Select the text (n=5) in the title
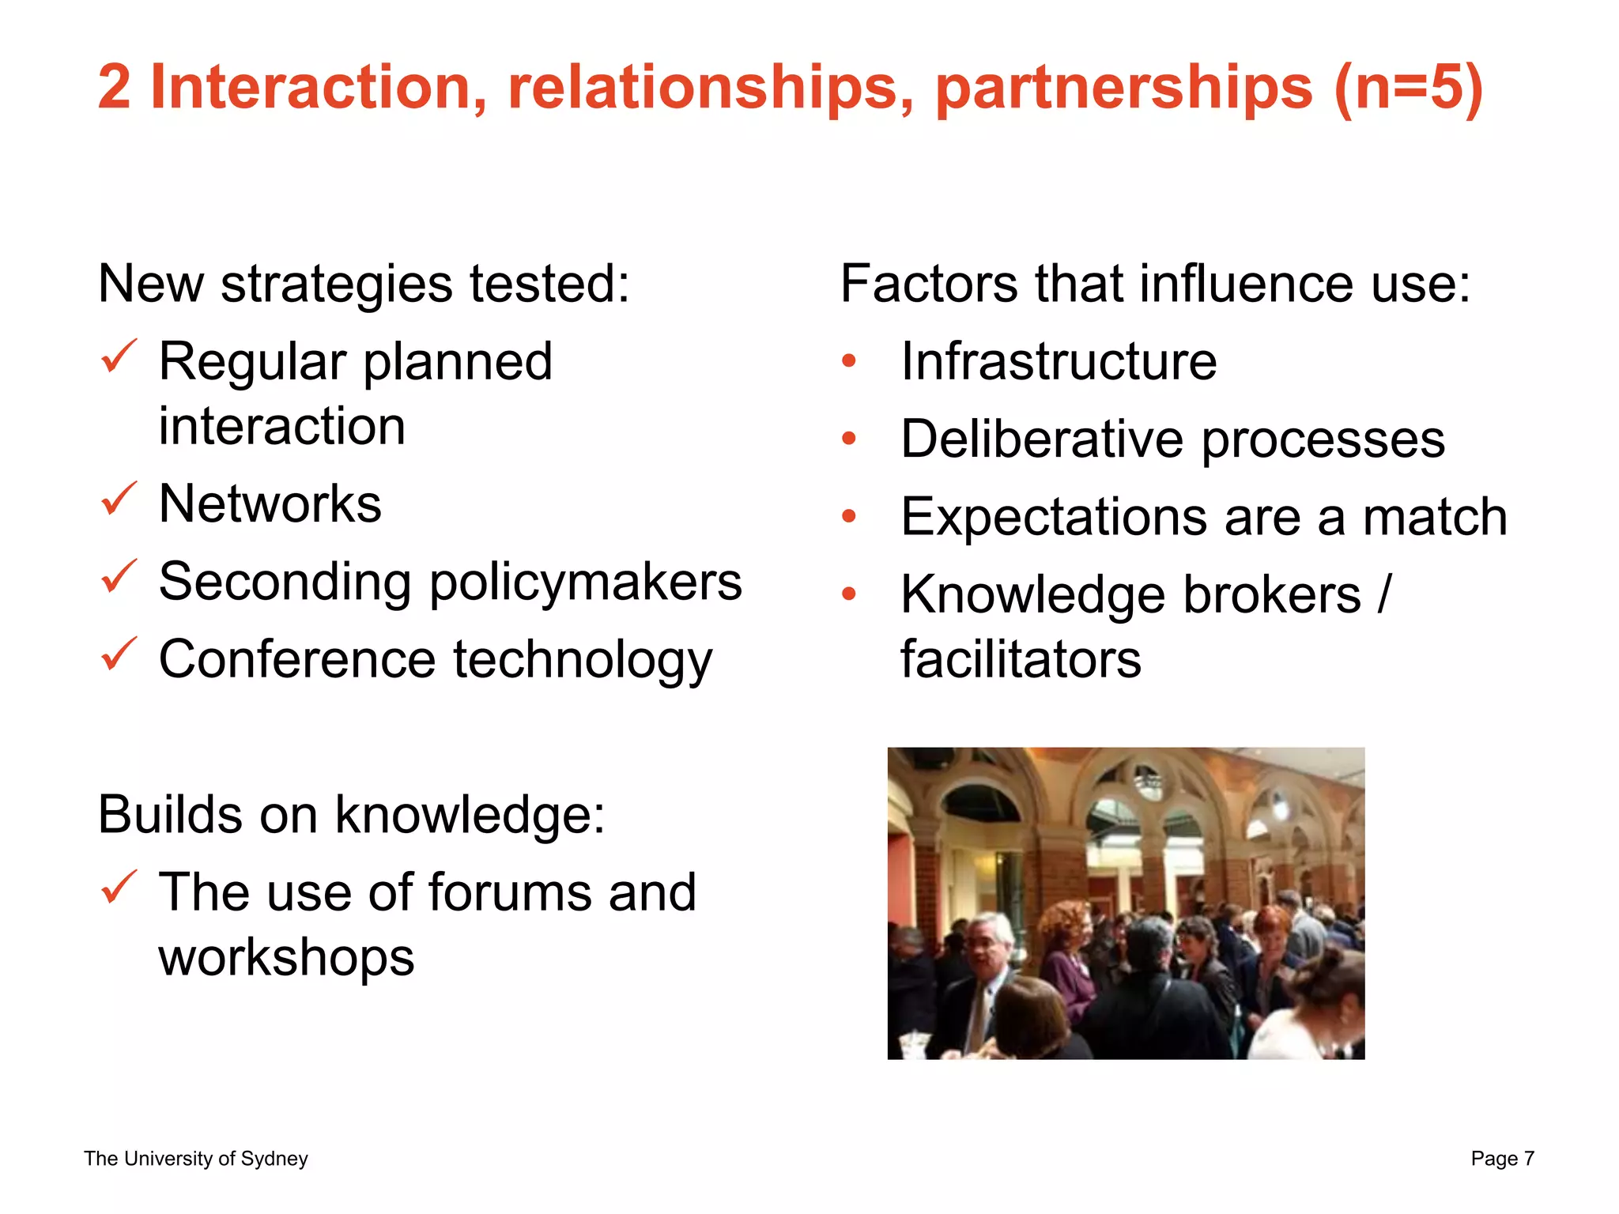pyautogui.click(x=1408, y=89)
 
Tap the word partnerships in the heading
pyautogui.click(x=1123, y=89)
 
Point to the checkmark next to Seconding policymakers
pyautogui.click(x=119, y=577)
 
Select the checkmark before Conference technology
pyautogui.click(x=119, y=654)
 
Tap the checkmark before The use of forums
pyautogui.click(x=119, y=888)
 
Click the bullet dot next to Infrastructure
pyautogui.click(x=849, y=361)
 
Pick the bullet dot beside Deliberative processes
pyautogui.click(x=849, y=439)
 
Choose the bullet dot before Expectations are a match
pyautogui.click(x=849, y=516)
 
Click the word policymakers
pyautogui.click(x=586, y=582)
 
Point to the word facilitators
pyautogui.click(x=1021, y=659)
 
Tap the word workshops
pyautogui.click(x=286, y=957)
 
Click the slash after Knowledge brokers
pyautogui.click(x=1383, y=594)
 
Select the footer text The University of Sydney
pyautogui.click(x=196, y=1159)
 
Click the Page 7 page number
pyautogui.click(x=1502, y=1159)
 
